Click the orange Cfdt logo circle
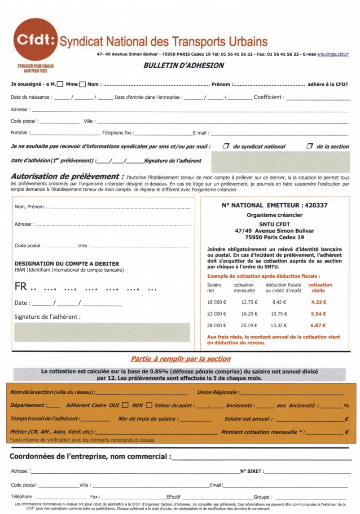(35, 40)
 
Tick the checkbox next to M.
(60, 84)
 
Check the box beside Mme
(83, 84)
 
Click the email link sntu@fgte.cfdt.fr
(333, 54)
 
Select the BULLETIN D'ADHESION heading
(184, 66)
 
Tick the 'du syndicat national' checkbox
(226, 146)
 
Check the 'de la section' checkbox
(309, 146)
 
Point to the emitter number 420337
(316, 205)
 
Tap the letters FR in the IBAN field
(21, 286)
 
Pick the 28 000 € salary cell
(217, 325)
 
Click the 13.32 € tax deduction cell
(279, 325)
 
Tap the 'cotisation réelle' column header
(320, 287)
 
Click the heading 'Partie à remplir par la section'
(180, 359)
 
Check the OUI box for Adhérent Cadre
(125, 405)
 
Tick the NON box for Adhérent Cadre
(149, 405)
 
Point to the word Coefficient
(268, 97)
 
